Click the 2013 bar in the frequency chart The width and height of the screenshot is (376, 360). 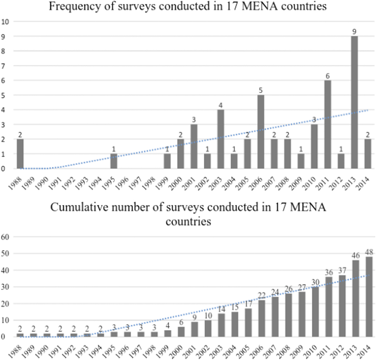coord(355,102)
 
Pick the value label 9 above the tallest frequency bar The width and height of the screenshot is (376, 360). coord(355,31)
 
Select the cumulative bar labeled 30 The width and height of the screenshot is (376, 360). coord(315,312)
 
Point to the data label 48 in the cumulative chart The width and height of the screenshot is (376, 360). coord(369,252)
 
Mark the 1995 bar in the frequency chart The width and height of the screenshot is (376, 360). coord(113,161)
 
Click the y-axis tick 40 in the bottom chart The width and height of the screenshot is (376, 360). coord(6,270)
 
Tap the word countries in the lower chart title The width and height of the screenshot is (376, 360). coord(188,222)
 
